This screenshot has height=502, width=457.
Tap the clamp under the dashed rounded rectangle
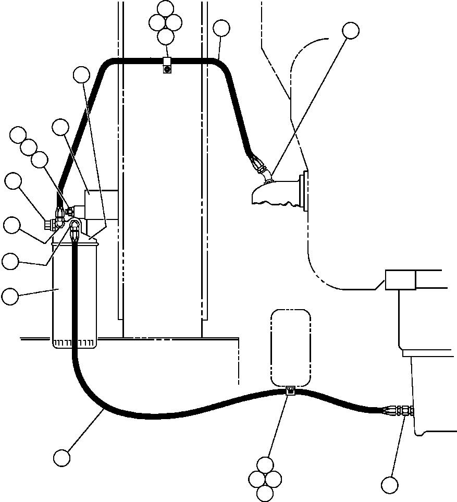[x=290, y=391]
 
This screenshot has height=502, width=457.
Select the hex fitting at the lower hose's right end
[x=404, y=410]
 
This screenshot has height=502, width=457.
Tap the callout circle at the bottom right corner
[x=389, y=485]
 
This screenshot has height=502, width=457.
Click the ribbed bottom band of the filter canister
[x=74, y=342]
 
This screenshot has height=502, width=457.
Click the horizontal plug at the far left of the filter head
[x=50, y=225]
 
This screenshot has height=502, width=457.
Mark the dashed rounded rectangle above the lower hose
[x=291, y=348]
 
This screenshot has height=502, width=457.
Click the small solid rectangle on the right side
[x=400, y=280]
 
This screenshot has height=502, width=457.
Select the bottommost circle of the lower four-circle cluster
[x=265, y=492]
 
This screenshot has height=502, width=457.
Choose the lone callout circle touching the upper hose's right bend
[x=221, y=28]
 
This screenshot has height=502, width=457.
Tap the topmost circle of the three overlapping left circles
[x=19, y=134]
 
